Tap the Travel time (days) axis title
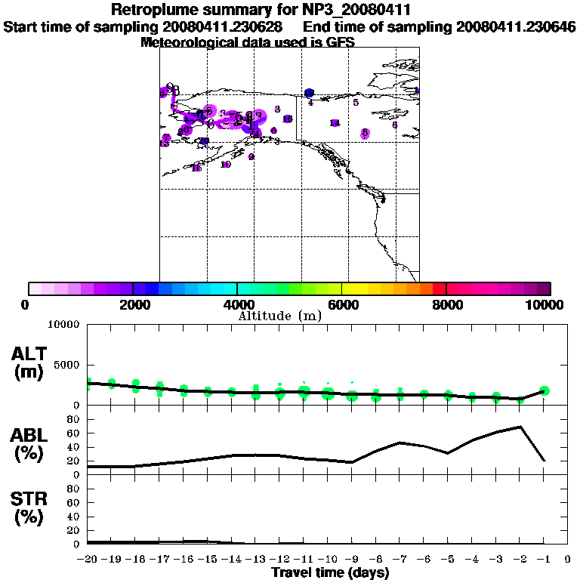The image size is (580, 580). coord(330,572)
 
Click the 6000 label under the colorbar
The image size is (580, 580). coord(341,304)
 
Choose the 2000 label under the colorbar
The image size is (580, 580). coord(132,304)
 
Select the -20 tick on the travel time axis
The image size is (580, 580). coord(87,559)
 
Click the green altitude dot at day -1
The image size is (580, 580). coord(545,390)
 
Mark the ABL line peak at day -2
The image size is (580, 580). coord(520,427)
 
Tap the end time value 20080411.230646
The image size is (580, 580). coord(516,26)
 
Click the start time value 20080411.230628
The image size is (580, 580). coord(223,26)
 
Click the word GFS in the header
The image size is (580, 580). coord(340,42)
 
